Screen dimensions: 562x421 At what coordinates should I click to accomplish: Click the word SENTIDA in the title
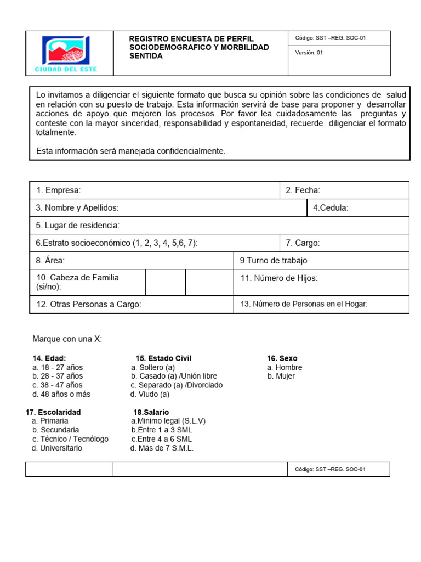point(145,57)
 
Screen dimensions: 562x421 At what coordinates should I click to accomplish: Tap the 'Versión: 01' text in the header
point(309,53)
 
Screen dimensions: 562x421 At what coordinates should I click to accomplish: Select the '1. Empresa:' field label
point(59,190)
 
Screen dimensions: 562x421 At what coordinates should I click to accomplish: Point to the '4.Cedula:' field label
point(331,208)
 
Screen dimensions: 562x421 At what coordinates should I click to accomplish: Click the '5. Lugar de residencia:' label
point(78,226)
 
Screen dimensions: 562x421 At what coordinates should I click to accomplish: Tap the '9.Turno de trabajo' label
point(274,261)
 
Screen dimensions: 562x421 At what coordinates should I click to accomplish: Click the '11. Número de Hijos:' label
point(279,278)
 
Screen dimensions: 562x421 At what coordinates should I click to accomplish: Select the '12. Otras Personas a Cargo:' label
point(89,305)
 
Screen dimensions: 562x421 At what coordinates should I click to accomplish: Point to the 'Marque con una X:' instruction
point(67,339)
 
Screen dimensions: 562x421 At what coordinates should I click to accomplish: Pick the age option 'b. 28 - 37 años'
point(58,376)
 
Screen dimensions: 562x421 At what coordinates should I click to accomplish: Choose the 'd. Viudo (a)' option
point(150,394)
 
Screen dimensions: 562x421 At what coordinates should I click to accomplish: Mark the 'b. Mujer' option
point(281,376)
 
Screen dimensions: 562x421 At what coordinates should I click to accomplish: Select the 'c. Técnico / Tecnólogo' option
point(70,439)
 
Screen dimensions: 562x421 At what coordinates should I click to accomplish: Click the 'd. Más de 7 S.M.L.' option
point(162,448)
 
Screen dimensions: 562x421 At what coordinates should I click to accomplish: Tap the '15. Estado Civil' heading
point(163,358)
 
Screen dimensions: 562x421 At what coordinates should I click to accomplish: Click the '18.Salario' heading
point(151,412)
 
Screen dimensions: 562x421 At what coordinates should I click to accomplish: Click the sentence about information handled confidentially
point(130,151)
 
